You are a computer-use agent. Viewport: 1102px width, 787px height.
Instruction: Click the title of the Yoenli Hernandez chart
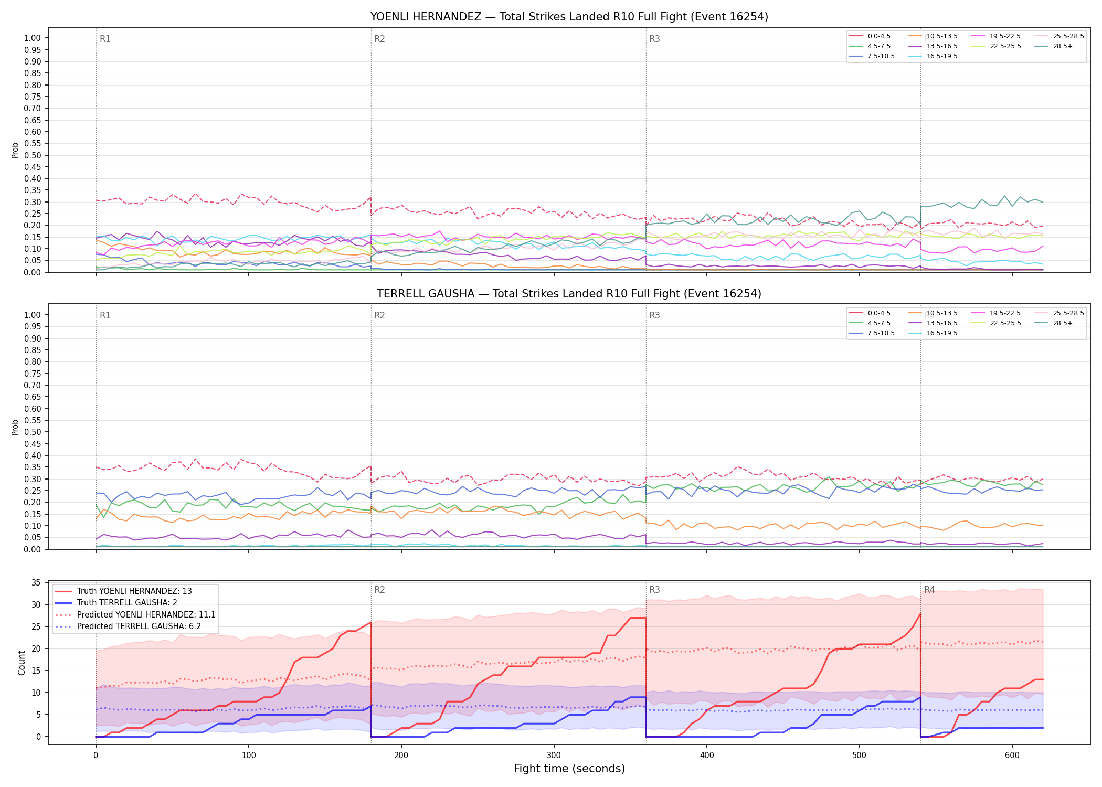tap(569, 17)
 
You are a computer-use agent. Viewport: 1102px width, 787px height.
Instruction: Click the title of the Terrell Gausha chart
tap(569, 294)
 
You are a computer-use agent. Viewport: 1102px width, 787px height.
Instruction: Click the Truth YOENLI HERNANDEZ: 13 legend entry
tap(124, 591)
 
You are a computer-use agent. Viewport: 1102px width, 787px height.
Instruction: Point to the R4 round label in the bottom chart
tap(929, 590)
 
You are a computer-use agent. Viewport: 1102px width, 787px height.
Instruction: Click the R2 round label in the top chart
tap(379, 39)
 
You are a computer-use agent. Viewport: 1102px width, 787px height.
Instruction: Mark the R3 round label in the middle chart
tap(654, 315)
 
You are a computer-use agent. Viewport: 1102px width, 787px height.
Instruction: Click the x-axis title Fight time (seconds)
tap(569, 769)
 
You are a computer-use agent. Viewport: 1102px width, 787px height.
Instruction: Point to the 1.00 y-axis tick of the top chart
tap(33, 38)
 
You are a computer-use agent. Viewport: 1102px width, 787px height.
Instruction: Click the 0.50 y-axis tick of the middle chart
tap(33, 432)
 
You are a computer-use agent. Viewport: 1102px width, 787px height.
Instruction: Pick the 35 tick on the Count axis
tap(36, 582)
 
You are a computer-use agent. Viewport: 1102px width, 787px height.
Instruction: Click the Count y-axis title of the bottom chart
tap(22, 663)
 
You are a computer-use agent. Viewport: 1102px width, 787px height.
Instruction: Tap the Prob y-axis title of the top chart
tap(15, 150)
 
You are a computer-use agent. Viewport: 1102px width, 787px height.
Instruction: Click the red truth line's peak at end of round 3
tap(920, 613)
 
